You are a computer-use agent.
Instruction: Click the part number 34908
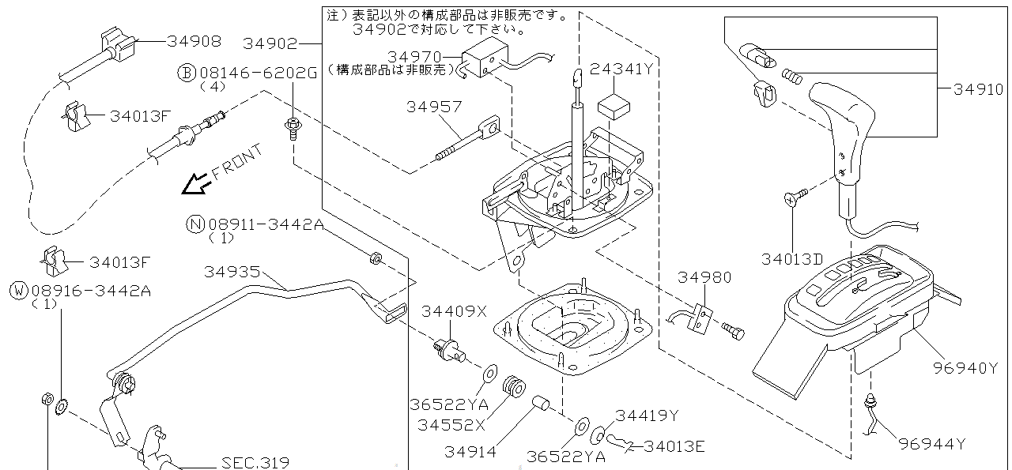point(194,41)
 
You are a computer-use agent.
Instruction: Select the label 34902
point(270,43)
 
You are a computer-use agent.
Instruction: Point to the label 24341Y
point(621,69)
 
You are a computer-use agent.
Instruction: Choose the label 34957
point(433,106)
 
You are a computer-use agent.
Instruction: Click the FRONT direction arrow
point(195,184)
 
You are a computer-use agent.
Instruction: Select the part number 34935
point(232,272)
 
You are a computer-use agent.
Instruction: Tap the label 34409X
point(454,311)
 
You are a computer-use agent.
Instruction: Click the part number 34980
point(704,278)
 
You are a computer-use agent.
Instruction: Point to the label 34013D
point(792,258)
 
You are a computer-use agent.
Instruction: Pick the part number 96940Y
point(965,367)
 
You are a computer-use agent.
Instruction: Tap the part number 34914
point(470,452)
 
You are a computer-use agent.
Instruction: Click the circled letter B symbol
point(186,73)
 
